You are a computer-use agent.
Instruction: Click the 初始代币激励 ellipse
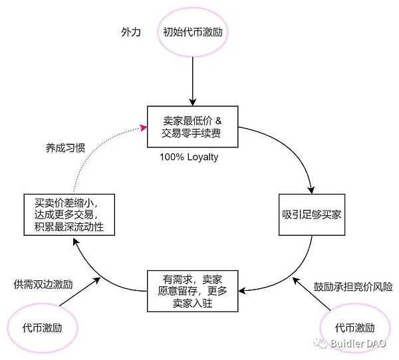coord(192,32)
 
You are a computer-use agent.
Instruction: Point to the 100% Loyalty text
coord(188,158)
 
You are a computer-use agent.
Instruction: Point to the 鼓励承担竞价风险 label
coord(353,287)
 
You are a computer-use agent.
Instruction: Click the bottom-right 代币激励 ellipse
coord(355,327)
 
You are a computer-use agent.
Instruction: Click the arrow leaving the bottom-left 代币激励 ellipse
coord(80,295)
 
